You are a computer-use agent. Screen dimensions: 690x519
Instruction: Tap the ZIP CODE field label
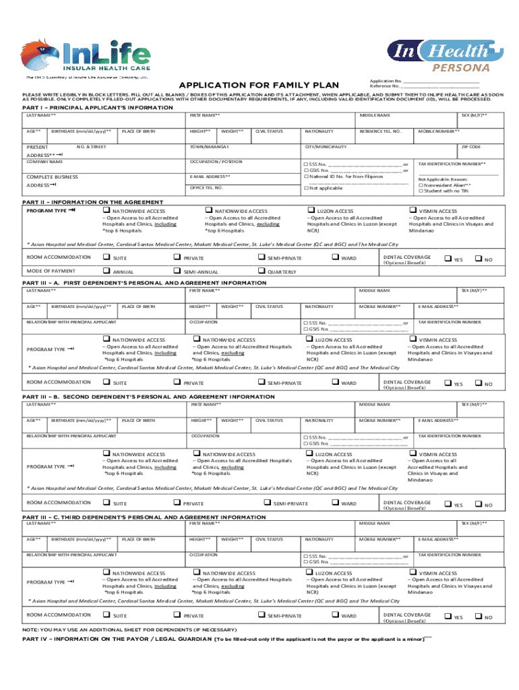click(x=470, y=146)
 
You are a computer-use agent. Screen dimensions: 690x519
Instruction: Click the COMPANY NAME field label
click(x=44, y=162)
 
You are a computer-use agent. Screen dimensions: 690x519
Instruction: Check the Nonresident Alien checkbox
click(x=421, y=185)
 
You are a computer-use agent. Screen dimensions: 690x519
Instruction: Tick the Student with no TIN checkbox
click(x=421, y=191)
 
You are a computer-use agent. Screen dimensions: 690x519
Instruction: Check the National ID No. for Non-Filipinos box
click(x=306, y=176)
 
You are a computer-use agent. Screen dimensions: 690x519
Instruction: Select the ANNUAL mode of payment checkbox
click(x=106, y=271)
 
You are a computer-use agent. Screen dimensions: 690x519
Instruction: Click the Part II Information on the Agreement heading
click(x=93, y=202)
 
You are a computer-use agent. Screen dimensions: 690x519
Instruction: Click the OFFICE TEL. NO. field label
click(x=206, y=188)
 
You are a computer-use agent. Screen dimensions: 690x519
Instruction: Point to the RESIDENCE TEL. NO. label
click(x=380, y=131)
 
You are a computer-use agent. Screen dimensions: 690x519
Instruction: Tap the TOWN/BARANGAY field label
click(x=210, y=146)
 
